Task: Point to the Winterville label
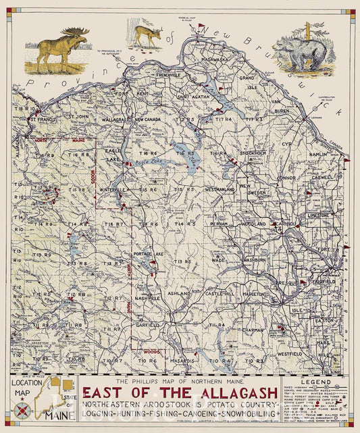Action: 114,190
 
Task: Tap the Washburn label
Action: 256,259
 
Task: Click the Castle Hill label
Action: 220,294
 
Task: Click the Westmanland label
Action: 220,190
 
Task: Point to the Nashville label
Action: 147,297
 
